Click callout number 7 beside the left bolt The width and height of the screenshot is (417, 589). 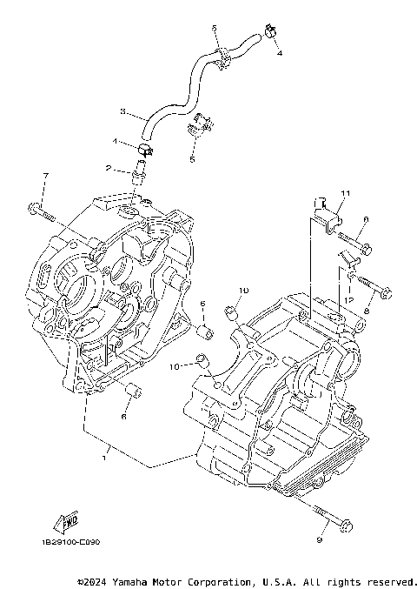coord(46,177)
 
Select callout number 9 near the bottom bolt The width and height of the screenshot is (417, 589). coord(319,541)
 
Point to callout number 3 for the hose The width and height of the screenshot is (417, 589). coord(122,111)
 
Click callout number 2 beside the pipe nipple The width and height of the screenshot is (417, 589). coord(108,168)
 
